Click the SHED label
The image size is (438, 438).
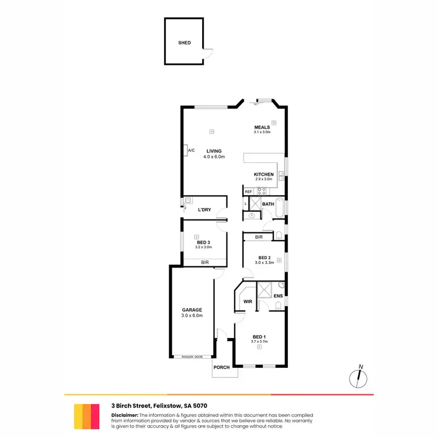coord(185,43)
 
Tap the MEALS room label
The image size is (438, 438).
coord(262,127)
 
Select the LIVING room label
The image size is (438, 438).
coord(214,151)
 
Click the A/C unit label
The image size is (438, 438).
coord(191,151)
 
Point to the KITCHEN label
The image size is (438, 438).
coord(263,175)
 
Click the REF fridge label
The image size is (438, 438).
coord(248,192)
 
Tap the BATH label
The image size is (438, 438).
coord(268,204)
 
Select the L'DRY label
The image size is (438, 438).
coord(204,210)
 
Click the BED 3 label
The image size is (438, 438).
coord(203,242)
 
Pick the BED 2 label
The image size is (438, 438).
coord(264,258)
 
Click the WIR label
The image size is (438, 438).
coord(248,302)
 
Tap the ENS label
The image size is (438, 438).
coord(278,296)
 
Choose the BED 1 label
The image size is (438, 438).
coord(259,337)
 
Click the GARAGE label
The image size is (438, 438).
coord(192,310)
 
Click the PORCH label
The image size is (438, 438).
coord(221,367)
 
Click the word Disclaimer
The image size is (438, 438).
coord(124,415)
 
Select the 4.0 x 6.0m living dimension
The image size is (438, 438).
coord(214,157)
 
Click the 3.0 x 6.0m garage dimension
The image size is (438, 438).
coord(192,316)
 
